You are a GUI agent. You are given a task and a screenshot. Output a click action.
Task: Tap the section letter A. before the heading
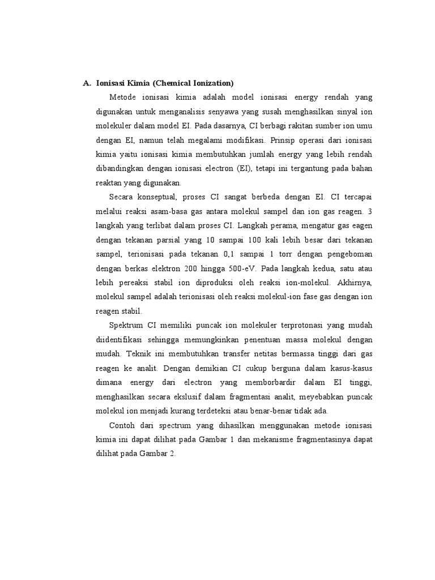tap(87, 83)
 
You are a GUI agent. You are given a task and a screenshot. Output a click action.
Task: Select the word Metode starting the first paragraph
tap(123, 97)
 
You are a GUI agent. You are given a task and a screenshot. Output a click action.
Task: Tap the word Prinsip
tap(284, 140)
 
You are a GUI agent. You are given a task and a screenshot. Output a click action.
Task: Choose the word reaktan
tap(109, 182)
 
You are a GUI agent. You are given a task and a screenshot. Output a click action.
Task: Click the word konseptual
tap(161, 197)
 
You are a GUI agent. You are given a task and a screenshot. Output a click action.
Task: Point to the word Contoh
tap(123, 425)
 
